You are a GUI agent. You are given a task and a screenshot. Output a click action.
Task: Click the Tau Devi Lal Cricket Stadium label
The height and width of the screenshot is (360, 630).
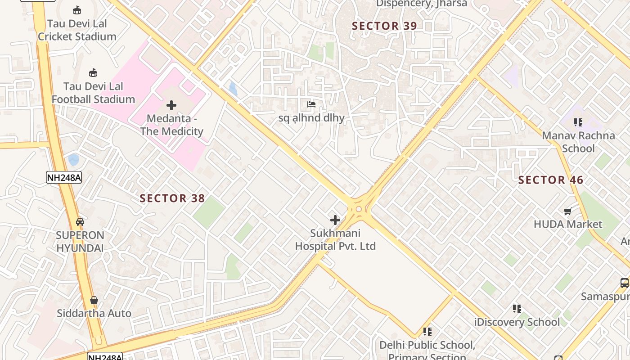point(77,30)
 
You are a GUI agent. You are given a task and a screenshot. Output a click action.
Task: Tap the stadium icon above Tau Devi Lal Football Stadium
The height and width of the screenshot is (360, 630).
point(93,72)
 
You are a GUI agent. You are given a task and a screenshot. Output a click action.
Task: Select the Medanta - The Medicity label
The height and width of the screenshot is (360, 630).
point(171,125)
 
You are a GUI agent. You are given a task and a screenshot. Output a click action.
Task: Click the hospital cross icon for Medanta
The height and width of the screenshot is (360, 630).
point(171,105)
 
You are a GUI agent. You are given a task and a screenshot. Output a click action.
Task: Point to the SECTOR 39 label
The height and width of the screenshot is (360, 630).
point(384,26)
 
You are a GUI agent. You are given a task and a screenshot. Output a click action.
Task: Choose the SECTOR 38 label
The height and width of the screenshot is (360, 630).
point(172,198)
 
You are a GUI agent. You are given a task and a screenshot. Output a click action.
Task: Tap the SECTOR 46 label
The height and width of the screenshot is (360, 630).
point(551,180)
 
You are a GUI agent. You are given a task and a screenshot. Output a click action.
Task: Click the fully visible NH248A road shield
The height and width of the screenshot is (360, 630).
point(64,177)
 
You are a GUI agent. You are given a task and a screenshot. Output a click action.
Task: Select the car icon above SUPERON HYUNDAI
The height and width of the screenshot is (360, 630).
point(80,221)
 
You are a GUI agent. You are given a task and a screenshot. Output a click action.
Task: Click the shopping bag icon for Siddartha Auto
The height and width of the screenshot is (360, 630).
point(94,300)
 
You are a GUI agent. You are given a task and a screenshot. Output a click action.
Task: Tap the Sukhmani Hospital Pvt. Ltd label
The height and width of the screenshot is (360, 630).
point(335,240)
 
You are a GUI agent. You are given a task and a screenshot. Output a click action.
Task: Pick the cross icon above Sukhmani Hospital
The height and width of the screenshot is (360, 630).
point(335,220)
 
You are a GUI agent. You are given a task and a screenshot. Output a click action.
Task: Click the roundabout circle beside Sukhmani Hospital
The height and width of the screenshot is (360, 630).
point(359,209)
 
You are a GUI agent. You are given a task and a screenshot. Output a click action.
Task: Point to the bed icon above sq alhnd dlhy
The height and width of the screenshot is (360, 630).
point(311,104)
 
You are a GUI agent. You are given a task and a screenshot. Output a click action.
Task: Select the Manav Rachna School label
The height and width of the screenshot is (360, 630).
point(578,142)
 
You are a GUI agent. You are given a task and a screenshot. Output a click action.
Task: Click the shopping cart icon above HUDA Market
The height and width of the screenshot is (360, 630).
point(568,211)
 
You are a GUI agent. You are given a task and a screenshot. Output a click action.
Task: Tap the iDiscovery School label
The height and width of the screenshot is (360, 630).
point(517,322)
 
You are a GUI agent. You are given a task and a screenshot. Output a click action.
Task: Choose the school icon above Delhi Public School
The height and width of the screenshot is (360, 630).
point(427,332)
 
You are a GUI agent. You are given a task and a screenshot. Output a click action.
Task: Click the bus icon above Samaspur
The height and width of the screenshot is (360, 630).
point(625,283)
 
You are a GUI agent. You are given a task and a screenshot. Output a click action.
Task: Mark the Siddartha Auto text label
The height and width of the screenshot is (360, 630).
point(94,313)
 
